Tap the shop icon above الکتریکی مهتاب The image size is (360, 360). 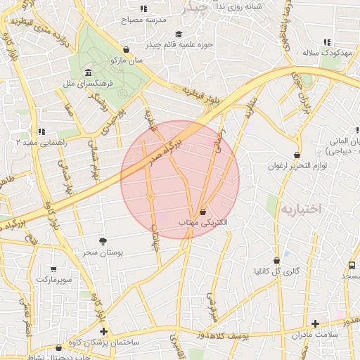click(202, 212)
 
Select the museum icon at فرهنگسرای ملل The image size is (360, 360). click(88, 73)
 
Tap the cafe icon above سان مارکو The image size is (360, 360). click(126, 50)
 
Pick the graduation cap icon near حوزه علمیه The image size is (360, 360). click(179, 34)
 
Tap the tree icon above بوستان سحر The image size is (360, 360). click(103, 241)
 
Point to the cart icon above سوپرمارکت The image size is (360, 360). click(54, 269)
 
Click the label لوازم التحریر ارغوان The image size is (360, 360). click(293, 166)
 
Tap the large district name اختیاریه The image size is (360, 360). click(300, 209)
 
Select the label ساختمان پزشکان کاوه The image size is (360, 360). click(105, 342)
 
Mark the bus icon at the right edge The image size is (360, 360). click(351, 265)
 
